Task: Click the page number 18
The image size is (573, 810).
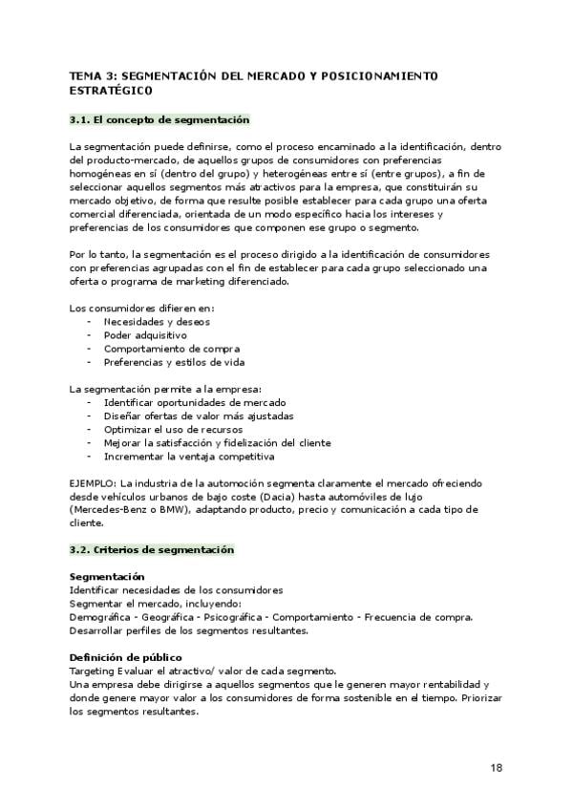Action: pos(497,767)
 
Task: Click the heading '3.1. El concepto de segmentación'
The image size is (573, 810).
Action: pos(159,119)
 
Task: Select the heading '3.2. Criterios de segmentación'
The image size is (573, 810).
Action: pos(152,550)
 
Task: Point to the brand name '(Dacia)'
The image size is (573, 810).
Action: pos(333,496)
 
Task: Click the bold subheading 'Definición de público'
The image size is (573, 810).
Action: pos(125,657)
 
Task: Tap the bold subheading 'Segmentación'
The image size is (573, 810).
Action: pos(107,576)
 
